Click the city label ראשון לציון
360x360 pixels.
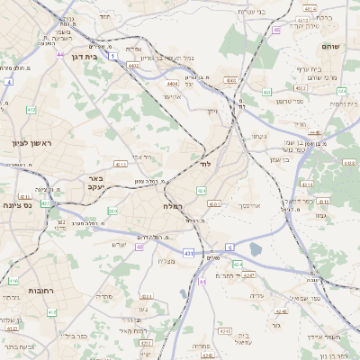click(x=33, y=143)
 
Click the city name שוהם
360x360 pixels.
click(x=330, y=46)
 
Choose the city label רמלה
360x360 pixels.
click(x=174, y=206)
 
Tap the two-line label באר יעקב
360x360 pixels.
click(x=96, y=184)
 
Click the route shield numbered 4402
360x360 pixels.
click(x=133, y=65)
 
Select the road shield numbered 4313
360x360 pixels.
click(x=120, y=165)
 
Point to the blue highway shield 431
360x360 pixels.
click(x=188, y=254)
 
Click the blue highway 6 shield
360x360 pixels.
click(x=229, y=247)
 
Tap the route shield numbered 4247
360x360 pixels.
click(x=249, y=274)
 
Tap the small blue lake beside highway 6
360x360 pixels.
click(x=256, y=249)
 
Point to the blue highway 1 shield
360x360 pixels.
click(x=112, y=56)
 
